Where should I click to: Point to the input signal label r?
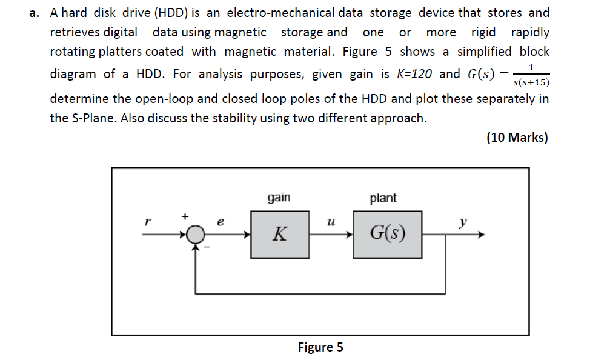pyautogui.click(x=145, y=222)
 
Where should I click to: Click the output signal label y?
pyautogui.click(x=463, y=222)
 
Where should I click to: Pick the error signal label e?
pyautogui.click(x=220, y=222)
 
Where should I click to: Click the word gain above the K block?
pyautogui.click(x=279, y=198)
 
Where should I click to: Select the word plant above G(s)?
pyautogui.click(x=383, y=198)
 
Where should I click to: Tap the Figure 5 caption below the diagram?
pyautogui.click(x=320, y=347)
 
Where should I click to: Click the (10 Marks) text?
pyautogui.click(x=517, y=138)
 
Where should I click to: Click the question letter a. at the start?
pyautogui.click(x=35, y=13)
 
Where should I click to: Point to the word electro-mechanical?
pyautogui.click(x=280, y=13)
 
